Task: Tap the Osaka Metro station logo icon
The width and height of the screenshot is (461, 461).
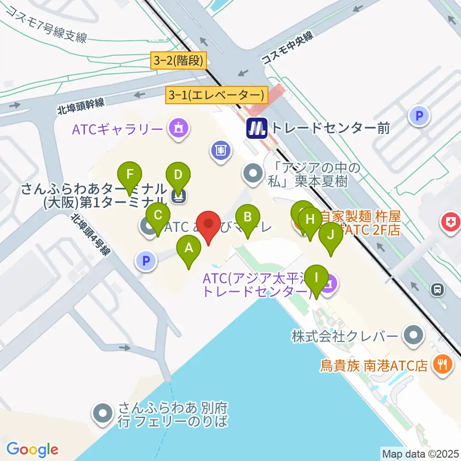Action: click(x=256, y=128)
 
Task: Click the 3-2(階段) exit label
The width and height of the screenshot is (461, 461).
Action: click(x=178, y=61)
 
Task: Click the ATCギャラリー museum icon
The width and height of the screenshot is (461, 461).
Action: click(x=178, y=128)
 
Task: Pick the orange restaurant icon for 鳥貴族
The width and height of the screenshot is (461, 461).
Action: click(x=440, y=366)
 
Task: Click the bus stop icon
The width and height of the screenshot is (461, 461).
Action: click(x=437, y=289)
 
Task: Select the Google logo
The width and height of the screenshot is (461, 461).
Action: click(x=32, y=449)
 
